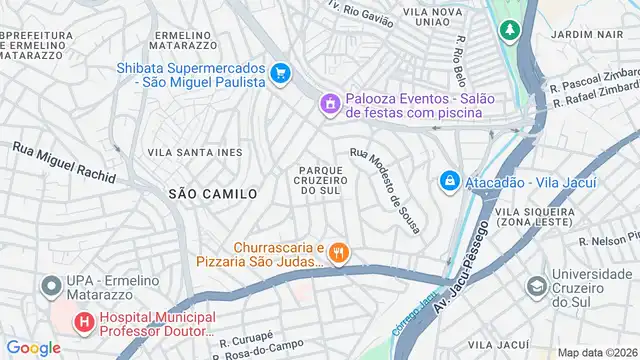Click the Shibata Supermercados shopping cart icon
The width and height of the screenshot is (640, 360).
click(x=281, y=72)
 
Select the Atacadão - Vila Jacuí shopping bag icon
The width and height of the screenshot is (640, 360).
click(x=449, y=181)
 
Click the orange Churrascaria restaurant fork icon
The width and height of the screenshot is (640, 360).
click(x=340, y=253)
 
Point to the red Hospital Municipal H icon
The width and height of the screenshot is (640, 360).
click(x=84, y=323)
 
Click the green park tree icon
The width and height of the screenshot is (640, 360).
click(x=510, y=31)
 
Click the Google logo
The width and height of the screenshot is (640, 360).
click(x=33, y=347)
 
